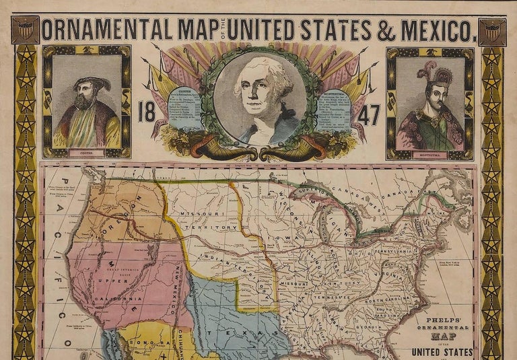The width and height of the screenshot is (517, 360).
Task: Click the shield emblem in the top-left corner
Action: click(x=26, y=30)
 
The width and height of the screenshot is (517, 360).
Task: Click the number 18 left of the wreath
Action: click(x=147, y=112)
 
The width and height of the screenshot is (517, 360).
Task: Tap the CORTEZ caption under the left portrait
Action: click(x=86, y=153)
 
